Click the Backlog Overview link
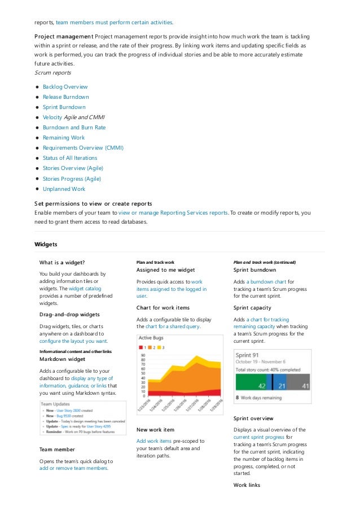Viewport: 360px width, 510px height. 65,87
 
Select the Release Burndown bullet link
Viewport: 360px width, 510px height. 65,97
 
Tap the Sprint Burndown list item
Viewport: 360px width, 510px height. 64,107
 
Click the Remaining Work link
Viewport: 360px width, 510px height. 63,138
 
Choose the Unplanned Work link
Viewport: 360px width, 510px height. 64,189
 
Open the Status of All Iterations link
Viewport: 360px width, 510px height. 69,158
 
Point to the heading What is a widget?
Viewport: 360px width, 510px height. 62,263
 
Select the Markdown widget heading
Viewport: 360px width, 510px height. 62,359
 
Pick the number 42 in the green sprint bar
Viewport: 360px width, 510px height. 261,386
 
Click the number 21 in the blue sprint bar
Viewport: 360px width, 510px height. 282,386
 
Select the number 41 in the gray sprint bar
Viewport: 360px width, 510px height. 305,386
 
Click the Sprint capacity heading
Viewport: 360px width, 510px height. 252,308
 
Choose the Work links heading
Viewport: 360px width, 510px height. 247,485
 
